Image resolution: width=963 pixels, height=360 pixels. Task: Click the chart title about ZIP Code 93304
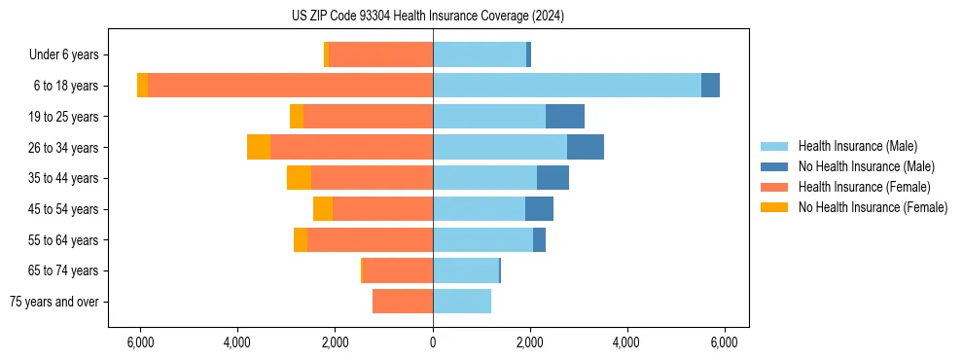[x=427, y=16]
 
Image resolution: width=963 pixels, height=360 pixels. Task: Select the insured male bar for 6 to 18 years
[x=567, y=86]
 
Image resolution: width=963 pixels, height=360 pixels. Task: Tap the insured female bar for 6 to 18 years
[x=291, y=86]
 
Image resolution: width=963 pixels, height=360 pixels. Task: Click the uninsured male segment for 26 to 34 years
[x=586, y=147]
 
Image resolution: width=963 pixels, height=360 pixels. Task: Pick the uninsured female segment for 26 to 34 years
[x=259, y=147]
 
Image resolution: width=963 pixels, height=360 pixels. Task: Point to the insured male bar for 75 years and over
[x=462, y=302]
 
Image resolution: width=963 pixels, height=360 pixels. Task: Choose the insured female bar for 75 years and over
[x=403, y=302]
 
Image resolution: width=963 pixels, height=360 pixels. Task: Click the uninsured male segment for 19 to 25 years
[x=565, y=117]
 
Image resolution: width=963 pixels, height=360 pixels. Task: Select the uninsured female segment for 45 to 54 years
[x=323, y=209]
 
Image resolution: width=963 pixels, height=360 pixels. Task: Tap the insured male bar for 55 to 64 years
[x=482, y=240]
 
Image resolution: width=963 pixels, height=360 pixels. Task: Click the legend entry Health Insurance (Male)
[x=857, y=146]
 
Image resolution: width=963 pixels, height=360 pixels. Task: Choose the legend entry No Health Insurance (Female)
[x=873, y=207]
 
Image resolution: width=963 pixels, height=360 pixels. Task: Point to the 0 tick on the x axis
[x=433, y=342]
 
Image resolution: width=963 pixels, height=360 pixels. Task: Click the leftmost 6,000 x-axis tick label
[x=141, y=342]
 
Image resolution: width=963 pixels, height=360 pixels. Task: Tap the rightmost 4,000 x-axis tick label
[x=626, y=342]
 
